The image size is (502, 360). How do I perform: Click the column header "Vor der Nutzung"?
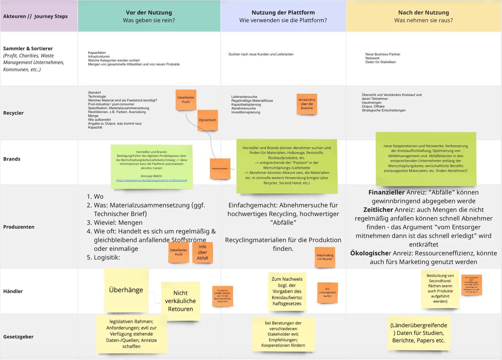pos(149,13)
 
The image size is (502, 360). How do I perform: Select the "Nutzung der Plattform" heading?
pos(283,13)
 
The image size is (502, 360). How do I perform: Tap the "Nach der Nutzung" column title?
pos(423,13)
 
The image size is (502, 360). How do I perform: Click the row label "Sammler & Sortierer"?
pos(28,49)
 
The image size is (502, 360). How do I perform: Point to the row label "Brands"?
pos(12,159)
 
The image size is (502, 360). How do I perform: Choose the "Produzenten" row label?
pos(19,227)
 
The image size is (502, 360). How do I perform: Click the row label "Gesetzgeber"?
pos(18,337)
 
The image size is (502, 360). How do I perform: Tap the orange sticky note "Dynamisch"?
pos(208,120)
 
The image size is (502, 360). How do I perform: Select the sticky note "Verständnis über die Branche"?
pos(307,104)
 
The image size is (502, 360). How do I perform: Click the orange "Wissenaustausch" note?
pos(220,169)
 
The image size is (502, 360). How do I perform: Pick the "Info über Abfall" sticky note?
pos(202,252)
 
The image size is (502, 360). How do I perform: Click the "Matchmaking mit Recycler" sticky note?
pos(325,257)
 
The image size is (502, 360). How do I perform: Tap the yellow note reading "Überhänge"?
pos(126,290)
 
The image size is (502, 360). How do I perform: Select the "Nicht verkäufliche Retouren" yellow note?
pos(180,301)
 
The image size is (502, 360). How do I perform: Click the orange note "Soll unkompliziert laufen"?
pos(327,292)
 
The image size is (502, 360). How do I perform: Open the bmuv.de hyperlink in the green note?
pos(151,180)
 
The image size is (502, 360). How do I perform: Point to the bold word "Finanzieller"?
pos(386,193)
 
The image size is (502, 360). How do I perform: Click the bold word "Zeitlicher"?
pos(378,210)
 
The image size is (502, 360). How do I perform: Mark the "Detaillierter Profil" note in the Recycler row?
pos(186,100)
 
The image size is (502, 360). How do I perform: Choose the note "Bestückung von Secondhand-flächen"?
pos(440,289)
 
